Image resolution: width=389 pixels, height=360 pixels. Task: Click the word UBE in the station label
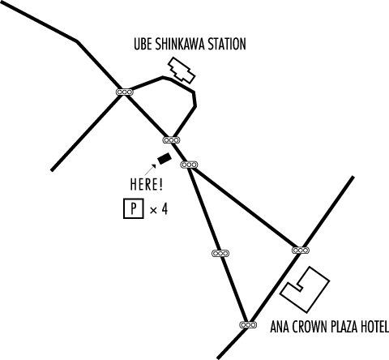143,44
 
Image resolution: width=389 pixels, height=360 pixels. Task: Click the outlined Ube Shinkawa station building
182,70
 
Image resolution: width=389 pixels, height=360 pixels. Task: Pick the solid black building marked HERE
165,158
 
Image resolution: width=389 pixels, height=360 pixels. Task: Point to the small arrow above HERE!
150,169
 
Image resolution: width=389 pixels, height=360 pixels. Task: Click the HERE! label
147,184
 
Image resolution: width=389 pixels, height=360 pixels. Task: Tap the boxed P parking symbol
134,208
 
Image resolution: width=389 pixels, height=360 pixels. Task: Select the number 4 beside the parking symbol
165,209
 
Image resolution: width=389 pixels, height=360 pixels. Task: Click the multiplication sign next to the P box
153,210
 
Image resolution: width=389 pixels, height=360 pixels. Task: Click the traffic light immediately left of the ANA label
248,324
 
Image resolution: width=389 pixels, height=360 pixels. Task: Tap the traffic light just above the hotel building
301,251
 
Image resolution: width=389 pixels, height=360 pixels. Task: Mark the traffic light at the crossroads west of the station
125,92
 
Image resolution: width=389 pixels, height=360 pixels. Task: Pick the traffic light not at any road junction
220,254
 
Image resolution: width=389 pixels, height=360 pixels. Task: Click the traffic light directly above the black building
171,140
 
